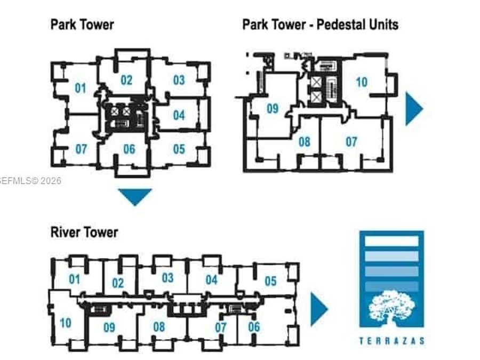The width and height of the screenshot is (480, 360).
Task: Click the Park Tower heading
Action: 82,25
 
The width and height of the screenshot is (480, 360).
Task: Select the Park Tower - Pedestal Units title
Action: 320,25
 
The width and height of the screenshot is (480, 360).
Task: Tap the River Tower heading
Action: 84,232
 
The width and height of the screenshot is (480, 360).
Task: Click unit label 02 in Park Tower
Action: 126,80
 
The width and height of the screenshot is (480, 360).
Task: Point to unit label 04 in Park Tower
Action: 179,115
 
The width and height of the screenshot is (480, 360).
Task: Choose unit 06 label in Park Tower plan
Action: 129,149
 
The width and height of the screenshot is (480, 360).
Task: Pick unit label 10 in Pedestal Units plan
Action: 362,82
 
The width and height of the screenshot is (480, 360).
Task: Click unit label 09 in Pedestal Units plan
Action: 273,108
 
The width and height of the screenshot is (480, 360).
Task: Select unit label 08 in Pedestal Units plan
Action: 305,142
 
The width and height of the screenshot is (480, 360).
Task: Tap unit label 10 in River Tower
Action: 66,323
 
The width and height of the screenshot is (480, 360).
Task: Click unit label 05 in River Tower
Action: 270,281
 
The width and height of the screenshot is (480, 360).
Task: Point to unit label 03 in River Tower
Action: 168,278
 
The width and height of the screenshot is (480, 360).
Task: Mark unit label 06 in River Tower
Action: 254,326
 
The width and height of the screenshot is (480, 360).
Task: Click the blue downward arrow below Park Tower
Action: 135,195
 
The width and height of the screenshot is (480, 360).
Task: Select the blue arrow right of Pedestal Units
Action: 413,109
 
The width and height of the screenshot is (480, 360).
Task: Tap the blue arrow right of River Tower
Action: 318,309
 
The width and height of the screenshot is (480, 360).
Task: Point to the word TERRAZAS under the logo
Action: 392,341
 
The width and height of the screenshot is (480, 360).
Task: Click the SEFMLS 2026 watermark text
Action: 30,181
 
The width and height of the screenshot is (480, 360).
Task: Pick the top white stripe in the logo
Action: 392,241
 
